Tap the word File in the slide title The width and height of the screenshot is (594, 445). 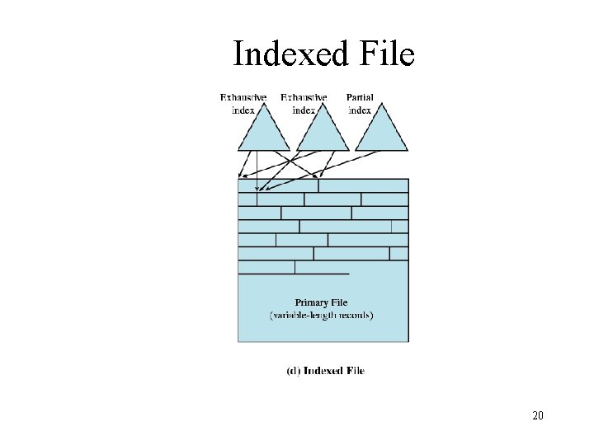pyautogui.click(x=386, y=55)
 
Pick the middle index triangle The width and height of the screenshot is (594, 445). pyautogui.click(x=318, y=132)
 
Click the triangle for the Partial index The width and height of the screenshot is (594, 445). pyautogui.click(x=380, y=132)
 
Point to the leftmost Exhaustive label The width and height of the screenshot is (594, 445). pyautogui.click(x=243, y=97)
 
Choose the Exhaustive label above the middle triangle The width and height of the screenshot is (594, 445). pyautogui.click(x=304, y=97)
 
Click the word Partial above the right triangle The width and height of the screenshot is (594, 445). pyautogui.click(x=360, y=97)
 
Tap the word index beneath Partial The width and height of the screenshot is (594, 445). pyautogui.click(x=360, y=110)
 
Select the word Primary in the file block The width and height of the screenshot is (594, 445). pyautogui.click(x=312, y=302)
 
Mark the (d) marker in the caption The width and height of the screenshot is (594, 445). pyautogui.click(x=293, y=371)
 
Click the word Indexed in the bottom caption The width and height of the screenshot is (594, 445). pyautogui.click(x=324, y=371)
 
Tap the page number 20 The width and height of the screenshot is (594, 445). pyautogui.click(x=538, y=415)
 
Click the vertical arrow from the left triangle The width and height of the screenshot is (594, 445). pyautogui.click(x=257, y=177)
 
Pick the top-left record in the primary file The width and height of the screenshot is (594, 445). pyautogui.click(x=278, y=185)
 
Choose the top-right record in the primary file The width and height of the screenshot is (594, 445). pyautogui.click(x=363, y=185)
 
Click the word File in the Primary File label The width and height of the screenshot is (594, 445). pyautogui.click(x=339, y=302)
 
